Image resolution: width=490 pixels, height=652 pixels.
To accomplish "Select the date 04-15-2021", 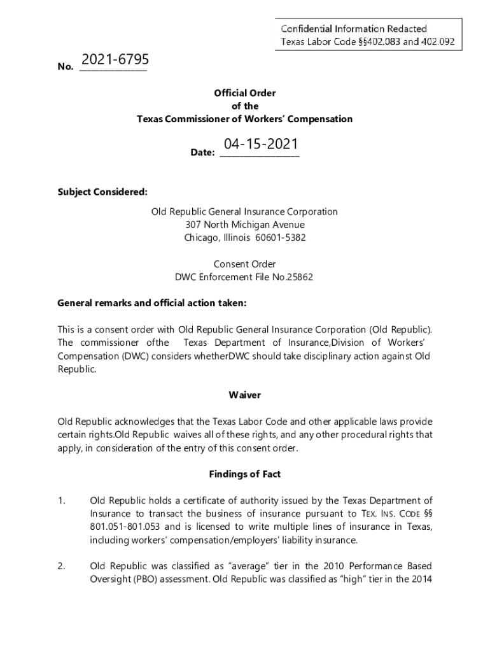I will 260,145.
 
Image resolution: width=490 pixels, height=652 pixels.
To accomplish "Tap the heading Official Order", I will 245,93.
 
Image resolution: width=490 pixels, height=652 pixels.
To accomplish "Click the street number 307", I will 193,225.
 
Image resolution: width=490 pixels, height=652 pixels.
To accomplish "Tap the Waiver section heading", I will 245,395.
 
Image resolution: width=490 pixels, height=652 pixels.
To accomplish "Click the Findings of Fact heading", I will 245,474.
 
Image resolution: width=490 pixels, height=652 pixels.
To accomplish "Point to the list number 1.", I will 61,501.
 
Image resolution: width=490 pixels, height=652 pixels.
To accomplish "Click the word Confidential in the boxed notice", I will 308,29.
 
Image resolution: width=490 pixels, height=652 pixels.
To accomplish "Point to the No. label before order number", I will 65,66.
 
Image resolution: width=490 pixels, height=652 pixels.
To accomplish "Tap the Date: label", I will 203,153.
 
